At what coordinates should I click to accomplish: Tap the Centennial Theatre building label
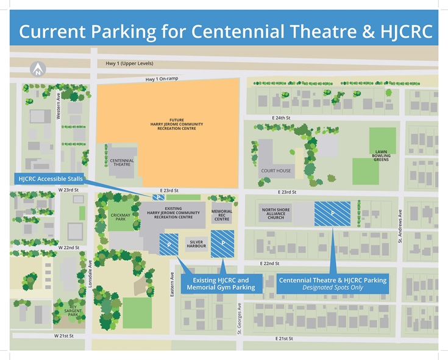[x=122, y=163]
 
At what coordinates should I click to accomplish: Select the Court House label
[x=277, y=171]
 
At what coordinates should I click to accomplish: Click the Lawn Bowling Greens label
[x=381, y=156]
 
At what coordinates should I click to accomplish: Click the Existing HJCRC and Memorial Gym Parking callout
[x=222, y=284]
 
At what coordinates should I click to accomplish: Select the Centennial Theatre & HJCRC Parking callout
[x=332, y=284]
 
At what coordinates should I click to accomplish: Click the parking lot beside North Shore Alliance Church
[x=332, y=213]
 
